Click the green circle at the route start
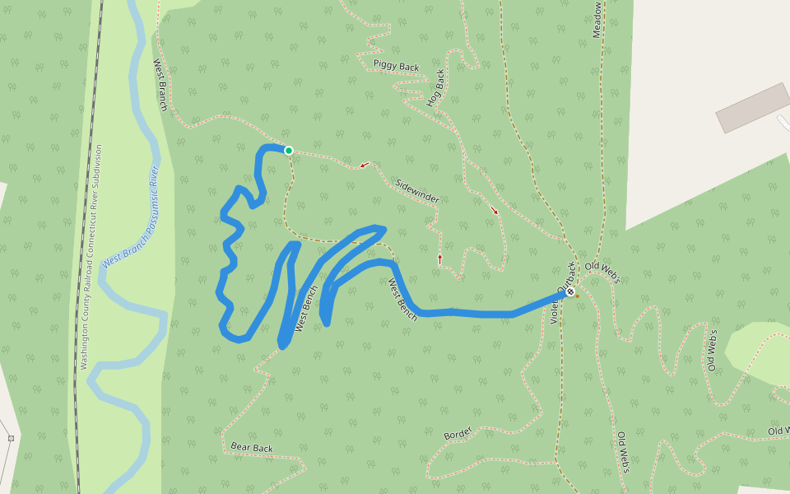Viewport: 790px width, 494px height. coord(289,150)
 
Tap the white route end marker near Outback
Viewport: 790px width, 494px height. coord(569,291)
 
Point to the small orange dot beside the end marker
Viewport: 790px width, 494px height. coord(577,296)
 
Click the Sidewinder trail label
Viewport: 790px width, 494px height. coord(417,191)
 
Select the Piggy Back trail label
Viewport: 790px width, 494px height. coord(396,65)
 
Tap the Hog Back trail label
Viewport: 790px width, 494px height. coord(436,88)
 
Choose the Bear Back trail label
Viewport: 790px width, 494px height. coord(252,448)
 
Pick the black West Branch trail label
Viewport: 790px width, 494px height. coord(160,85)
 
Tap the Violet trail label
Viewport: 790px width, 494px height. coord(554,311)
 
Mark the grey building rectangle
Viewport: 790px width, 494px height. coord(753,107)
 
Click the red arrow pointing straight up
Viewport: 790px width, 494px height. coord(439,259)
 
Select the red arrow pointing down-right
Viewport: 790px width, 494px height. coord(495,211)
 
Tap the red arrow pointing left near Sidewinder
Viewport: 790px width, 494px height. coord(364,165)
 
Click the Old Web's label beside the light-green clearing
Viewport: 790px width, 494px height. coord(713,350)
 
